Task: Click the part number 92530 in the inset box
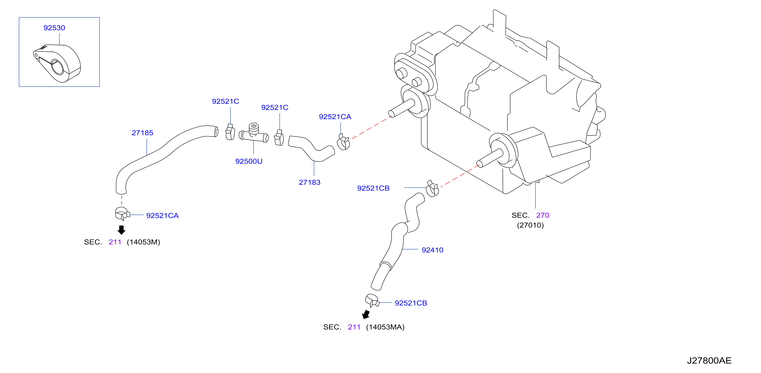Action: click(x=54, y=28)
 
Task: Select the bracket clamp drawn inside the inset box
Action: click(x=57, y=63)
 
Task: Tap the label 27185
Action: click(x=142, y=133)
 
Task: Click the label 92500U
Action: click(x=249, y=161)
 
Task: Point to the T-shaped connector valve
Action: click(x=254, y=134)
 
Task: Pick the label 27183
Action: click(x=310, y=182)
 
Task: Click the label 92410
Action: click(x=433, y=250)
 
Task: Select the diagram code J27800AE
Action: click(x=709, y=361)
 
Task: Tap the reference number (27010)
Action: click(x=530, y=225)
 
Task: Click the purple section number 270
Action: click(x=543, y=215)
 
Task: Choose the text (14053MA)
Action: click(x=385, y=327)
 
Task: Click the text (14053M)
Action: click(x=143, y=242)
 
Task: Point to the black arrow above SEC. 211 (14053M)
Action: click(x=121, y=230)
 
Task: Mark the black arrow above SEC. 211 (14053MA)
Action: click(x=366, y=314)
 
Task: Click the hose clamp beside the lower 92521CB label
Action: click(x=372, y=301)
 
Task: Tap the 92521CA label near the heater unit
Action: click(x=335, y=117)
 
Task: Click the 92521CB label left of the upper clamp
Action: click(x=373, y=188)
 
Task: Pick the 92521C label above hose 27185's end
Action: click(x=225, y=101)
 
